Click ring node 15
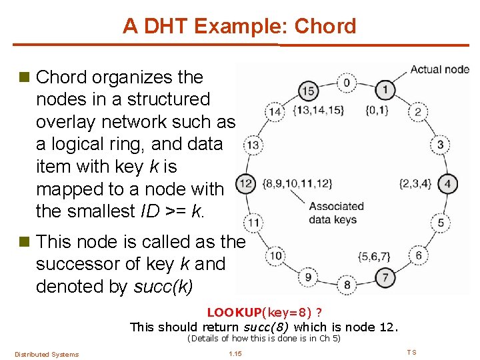[307, 90]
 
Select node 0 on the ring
[347, 83]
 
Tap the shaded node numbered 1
[385, 89]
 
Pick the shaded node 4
[448, 183]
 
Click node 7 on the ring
[385, 277]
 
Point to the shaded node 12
[246, 183]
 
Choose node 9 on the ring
[307, 277]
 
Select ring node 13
[253, 144]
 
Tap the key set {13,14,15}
[319, 111]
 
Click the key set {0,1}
[377, 110]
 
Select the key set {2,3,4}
[415, 183]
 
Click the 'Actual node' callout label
[439, 69]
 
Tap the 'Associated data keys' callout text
[336, 213]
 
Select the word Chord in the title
[325, 26]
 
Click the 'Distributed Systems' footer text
[47, 354]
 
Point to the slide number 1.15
[235, 353]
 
